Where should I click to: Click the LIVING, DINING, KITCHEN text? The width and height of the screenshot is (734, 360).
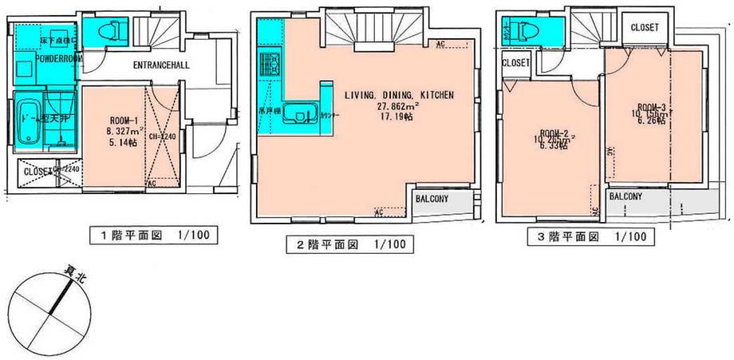tap(399, 94)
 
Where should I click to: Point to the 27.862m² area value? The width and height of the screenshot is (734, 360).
tap(399, 105)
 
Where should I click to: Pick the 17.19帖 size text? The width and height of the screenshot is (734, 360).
tap(399, 117)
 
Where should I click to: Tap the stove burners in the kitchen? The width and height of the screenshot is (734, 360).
tap(266, 61)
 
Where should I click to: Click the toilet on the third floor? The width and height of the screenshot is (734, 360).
tap(525, 31)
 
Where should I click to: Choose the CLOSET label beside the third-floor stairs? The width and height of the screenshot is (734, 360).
tap(644, 27)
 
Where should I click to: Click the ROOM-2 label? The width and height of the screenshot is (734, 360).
tap(553, 133)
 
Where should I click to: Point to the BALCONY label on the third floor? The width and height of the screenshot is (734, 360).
tap(627, 196)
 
